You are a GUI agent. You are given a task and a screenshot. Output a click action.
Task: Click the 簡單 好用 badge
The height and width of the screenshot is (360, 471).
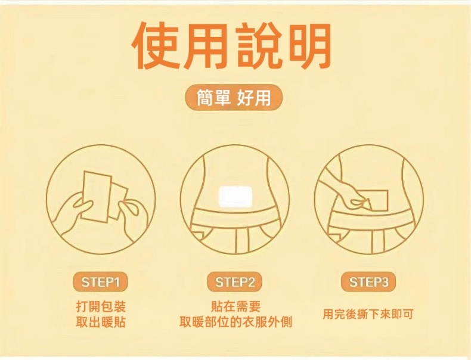point(233,97)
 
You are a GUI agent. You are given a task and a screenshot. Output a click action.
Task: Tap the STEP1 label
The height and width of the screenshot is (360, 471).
point(100,283)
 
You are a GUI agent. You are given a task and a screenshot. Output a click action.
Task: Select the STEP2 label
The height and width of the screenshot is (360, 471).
point(234,283)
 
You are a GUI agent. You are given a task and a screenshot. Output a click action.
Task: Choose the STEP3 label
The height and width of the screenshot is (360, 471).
point(368,283)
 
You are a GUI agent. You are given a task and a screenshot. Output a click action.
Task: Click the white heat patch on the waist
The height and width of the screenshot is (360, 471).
point(234,196)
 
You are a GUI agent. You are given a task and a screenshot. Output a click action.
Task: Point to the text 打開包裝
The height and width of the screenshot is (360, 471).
point(101,306)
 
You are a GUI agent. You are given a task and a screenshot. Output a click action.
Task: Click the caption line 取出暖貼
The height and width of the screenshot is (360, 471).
point(101,322)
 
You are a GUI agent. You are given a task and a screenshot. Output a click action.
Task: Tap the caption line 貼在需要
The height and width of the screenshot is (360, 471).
point(235,306)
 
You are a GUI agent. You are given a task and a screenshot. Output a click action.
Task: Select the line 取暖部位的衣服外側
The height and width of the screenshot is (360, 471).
point(235,322)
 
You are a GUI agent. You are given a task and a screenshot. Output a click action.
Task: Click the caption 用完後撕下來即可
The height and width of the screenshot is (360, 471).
point(368,314)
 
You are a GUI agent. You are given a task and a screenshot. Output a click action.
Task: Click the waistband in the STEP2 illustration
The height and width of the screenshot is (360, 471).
point(234,217)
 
